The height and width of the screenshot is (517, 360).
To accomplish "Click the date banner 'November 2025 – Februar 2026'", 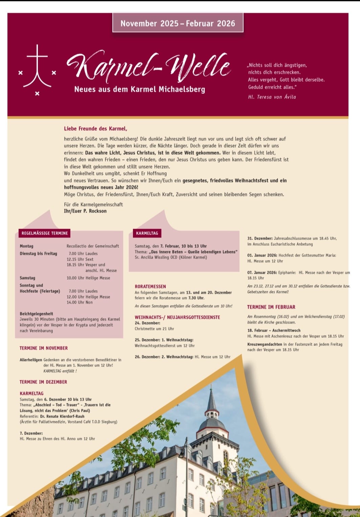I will point(178,23).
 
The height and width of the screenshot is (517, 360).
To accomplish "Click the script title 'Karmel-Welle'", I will point(149,67).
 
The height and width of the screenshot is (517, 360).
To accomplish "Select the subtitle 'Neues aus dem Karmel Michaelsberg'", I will point(139,89).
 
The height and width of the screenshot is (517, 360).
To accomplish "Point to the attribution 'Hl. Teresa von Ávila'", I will point(272,97).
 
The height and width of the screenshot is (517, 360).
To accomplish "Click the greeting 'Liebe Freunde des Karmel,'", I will point(95,129).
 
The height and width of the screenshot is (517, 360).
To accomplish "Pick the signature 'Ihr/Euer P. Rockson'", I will point(85,211).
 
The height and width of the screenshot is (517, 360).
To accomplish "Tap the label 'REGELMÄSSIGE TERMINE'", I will point(45,233).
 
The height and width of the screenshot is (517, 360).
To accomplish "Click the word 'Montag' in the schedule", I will point(26,246).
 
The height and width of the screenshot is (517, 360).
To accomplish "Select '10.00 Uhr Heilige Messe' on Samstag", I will point(88,278).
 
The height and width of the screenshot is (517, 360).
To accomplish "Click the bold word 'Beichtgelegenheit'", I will point(36,314).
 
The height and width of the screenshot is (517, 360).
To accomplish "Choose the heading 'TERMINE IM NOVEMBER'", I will point(44,348).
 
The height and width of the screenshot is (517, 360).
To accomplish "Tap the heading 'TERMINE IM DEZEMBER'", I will point(43,382).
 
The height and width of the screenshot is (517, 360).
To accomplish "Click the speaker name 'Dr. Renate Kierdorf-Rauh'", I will point(62,416).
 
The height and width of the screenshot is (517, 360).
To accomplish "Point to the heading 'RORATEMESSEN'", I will point(150,286).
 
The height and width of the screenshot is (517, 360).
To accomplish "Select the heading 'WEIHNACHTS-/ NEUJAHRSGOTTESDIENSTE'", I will point(177,317).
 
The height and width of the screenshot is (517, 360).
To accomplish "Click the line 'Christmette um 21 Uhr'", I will point(154,329).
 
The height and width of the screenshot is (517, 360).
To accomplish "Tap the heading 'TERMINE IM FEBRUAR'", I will point(271,307).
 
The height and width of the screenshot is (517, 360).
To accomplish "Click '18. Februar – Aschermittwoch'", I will point(274,330).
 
